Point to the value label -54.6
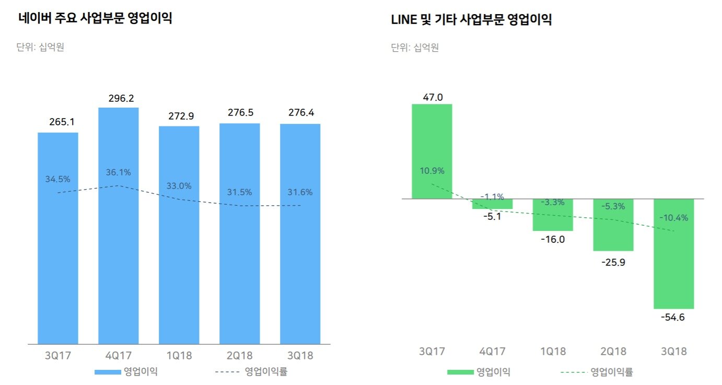pyautogui.click(x=673, y=318)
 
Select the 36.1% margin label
pyautogui.click(x=118, y=172)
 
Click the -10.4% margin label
pyautogui.click(x=673, y=218)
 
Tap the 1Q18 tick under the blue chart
pyautogui.click(x=179, y=356)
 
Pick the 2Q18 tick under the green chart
pyautogui.click(x=613, y=351)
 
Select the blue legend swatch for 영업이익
pyautogui.click(x=107, y=372)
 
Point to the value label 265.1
pyautogui.click(x=58, y=122)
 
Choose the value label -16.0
pyautogui.click(x=553, y=239)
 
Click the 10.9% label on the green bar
pyautogui.click(x=432, y=171)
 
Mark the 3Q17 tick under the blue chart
pyautogui.click(x=58, y=356)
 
